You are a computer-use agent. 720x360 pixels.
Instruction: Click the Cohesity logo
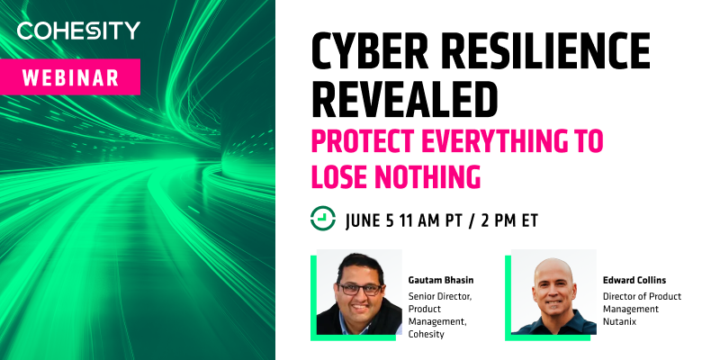pyautogui.click(x=79, y=31)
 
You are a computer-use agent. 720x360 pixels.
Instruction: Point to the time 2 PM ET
pyautogui.click(x=526, y=219)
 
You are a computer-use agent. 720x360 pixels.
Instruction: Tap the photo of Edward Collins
pyautogui.click(x=553, y=293)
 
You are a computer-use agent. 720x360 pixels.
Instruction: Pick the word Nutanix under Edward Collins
pyautogui.click(x=627, y=322)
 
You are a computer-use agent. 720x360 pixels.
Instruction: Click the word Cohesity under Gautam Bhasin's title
pyautogui.click(x=428, y=335)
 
